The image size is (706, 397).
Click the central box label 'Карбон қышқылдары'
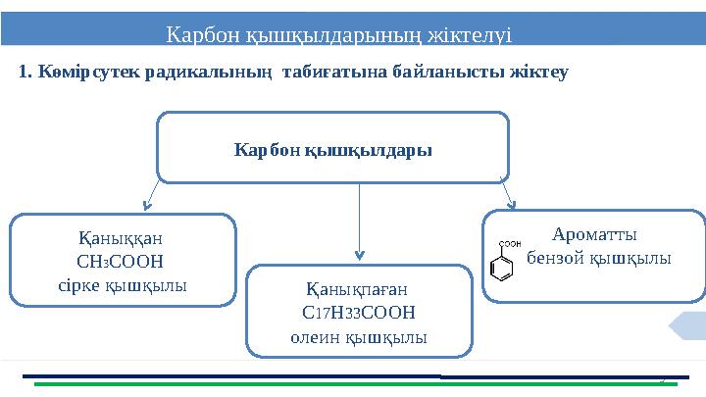point(333,151)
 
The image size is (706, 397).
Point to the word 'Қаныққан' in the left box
point(122,238)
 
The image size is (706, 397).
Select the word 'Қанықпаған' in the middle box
point(358,290)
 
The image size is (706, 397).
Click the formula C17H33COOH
point(358,313)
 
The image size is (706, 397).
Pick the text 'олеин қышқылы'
point(359,336)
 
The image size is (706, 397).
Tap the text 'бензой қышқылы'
point(599,258)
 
